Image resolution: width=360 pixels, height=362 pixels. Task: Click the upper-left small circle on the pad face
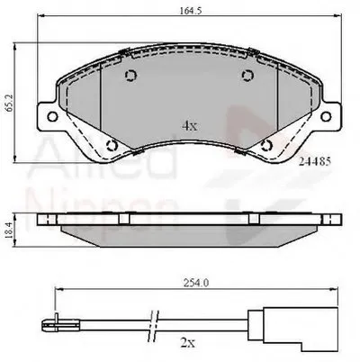130,77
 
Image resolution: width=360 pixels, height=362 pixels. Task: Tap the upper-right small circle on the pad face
247,77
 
